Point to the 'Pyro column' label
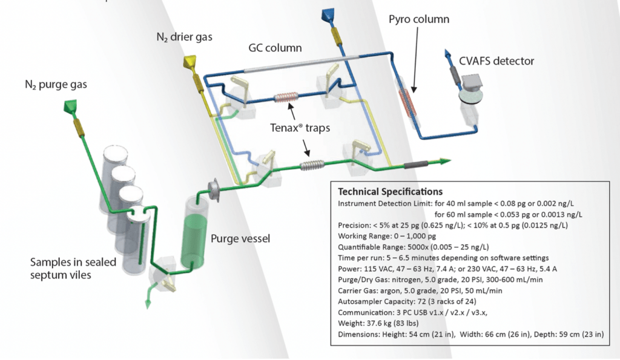pyautogui.click(x=419, y=19)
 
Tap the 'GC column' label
pyautogui.click(x=275, y=47)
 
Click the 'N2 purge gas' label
pyautogui.click(x=51, y=85)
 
